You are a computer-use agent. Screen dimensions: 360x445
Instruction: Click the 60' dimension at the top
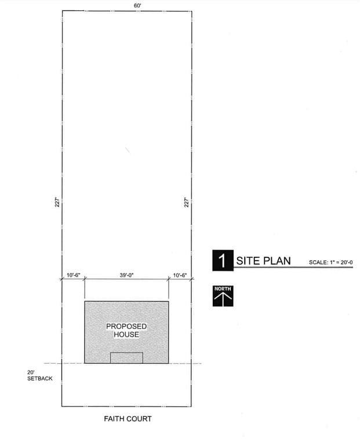click(137, 5)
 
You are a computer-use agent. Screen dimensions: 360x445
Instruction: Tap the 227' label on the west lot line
click(57, 202)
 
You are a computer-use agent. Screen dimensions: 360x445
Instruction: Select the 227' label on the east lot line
click(187, 202)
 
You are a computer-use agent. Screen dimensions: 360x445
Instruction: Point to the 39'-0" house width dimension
click(126, 275)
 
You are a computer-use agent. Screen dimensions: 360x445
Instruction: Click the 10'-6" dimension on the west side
click(74, 275)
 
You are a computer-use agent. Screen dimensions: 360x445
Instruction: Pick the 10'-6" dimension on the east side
click(180, 275)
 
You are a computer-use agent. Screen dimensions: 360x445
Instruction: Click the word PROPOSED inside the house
click(126, 326)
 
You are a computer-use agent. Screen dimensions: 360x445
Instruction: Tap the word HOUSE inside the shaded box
click(126, 334)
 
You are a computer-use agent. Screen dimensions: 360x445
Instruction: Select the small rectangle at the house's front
click(126, 358)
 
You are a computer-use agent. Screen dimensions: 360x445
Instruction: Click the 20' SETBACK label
click(40, 375)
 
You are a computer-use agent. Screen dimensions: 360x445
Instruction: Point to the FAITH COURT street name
click(128, 418)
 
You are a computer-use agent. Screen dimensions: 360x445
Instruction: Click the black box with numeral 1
click(223, 260)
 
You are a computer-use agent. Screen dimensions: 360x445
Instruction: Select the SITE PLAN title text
click(263, 261)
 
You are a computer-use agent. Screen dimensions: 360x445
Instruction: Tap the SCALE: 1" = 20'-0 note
click(331, 262)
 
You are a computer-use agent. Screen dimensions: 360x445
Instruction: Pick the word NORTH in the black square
click(223, 289)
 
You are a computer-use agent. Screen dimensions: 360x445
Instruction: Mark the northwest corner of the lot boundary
click(63, 11)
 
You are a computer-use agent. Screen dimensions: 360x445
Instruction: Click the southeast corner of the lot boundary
click(191, 406)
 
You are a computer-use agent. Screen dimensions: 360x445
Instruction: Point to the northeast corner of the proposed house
click(169, 301)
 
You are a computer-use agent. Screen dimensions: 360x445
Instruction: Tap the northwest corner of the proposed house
click(85, 301)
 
